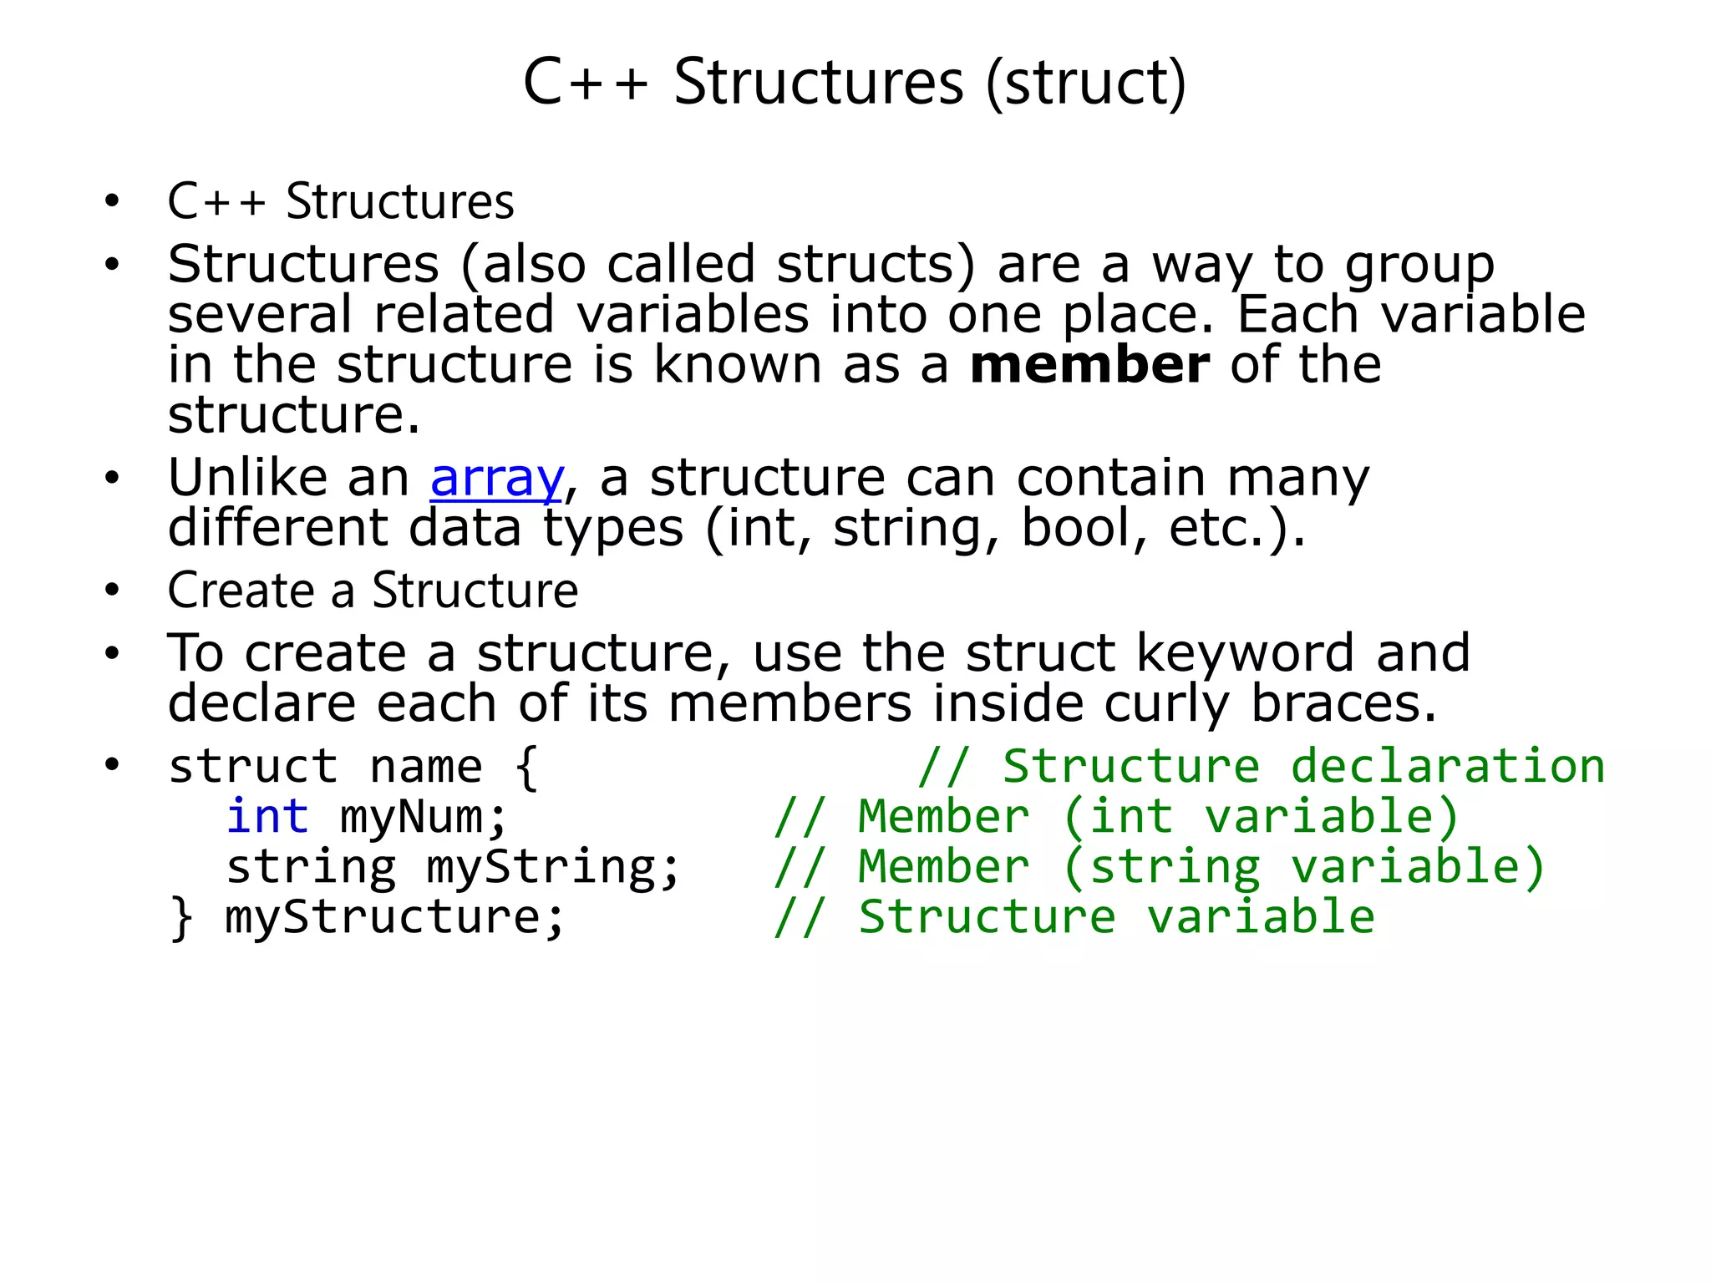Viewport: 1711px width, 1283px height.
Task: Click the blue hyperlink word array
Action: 496,479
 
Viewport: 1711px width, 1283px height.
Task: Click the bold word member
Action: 1089,365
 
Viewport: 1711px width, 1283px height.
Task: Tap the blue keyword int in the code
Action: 267,816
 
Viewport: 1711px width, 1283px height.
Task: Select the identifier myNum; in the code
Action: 424,818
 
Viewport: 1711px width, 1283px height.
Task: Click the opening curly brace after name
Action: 525,768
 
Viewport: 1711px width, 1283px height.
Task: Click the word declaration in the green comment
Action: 1447,766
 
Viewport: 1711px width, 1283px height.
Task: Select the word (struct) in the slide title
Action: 1085,84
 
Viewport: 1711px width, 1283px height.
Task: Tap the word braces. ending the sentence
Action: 1343,703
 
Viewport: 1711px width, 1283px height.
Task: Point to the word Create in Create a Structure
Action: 241,591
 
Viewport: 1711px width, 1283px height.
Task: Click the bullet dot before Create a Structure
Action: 113,591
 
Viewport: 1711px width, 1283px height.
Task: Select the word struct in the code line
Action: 253,766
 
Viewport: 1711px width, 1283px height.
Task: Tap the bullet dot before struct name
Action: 113,765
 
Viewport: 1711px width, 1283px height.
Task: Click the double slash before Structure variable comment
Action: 800,917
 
